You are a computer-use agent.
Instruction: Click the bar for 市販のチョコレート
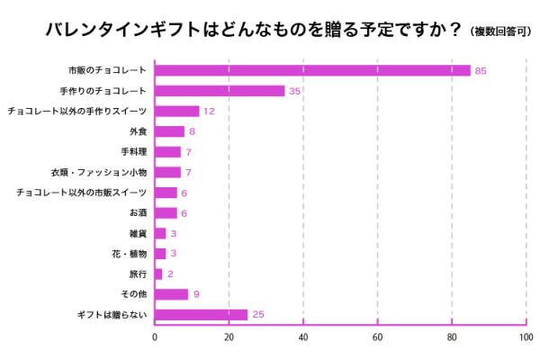[312, 70]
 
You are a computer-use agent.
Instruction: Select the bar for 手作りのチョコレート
[220, 91]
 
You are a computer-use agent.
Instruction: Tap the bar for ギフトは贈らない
[201, 314]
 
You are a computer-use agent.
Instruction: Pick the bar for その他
[171, 293]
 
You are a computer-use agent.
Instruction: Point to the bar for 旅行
[158, 274]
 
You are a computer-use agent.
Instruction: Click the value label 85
[481, 70]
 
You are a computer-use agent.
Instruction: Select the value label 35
[294, 91]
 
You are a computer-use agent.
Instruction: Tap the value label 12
[209, 112]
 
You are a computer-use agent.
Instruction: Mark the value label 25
[257, 314]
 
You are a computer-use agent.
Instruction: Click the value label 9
[195, 293]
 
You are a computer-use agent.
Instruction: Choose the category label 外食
[138, 131]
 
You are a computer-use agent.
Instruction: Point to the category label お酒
[138, 213]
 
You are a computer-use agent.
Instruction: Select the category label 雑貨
[138, 233]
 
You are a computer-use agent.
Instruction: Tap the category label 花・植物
[130, 254]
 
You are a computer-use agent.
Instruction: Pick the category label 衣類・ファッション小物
[100, 172]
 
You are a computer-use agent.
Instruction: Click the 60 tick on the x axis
[378, 338]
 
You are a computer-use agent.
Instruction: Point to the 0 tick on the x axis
[155, 338]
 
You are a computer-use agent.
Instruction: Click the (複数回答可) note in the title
[499, 31]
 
